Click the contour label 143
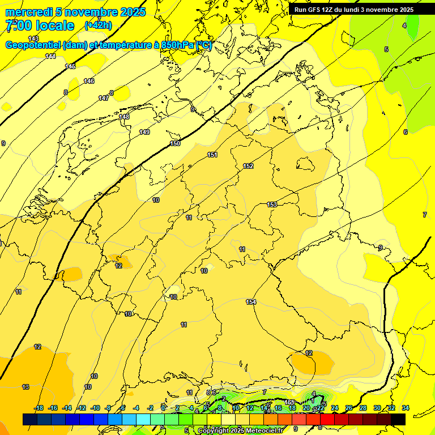(x=33, y=39)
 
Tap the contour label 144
(x=50, y=56)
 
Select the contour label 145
(x=70, y=67)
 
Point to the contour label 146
(x=89, y=81)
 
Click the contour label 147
(x=104, y=98)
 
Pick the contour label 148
(x=124, y=117)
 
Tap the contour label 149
(x=144, y=132)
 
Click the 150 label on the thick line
(x=175, y=143)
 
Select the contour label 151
(x=212, y=155)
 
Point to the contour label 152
(x=248, y=166)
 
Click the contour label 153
(x=272, y=204)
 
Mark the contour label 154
(x=251, y=302)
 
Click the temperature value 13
(x=25, y=387)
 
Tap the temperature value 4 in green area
(x=404, y=25)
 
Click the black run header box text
(x=353, y=10)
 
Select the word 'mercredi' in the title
(x=28, y=12)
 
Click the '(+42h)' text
(x=98, y=25)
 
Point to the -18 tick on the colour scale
(x=39, y=408)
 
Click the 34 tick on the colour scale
(x=406, y=408)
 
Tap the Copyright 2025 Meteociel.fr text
(x=241, y=430)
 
